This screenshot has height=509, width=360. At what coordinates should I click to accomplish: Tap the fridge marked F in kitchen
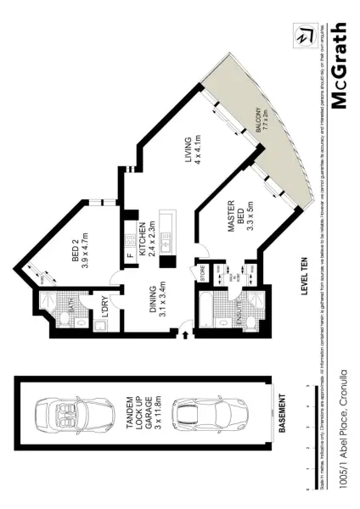(x=129, y=255)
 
